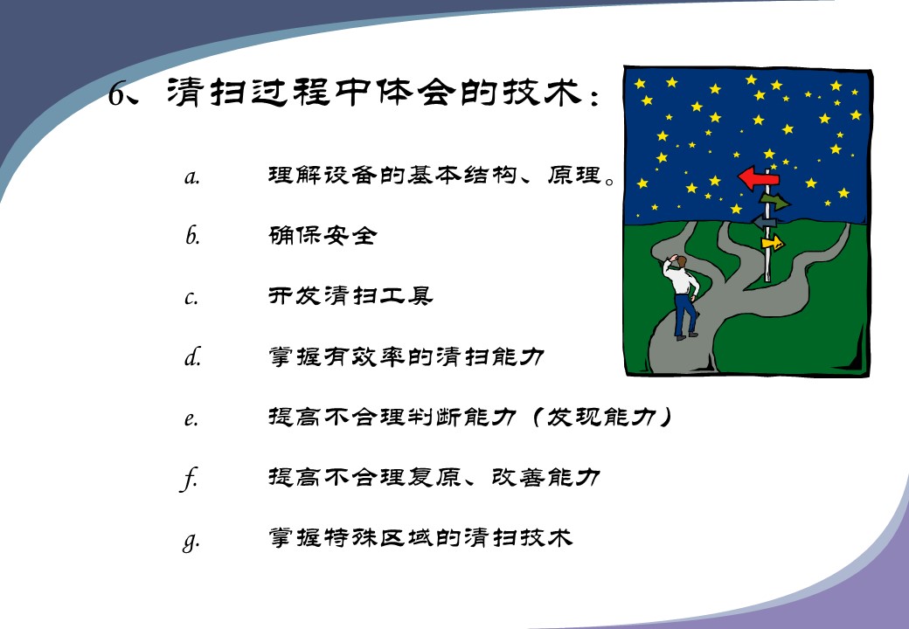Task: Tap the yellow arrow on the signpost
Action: coord(772,243)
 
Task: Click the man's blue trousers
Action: coord(684,314)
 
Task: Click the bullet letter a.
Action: coord(192,176)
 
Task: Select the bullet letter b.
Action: coord(192,235)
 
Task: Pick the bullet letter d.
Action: coord(192,356)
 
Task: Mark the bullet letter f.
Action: coord(189,479)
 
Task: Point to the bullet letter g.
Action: coord(191,543)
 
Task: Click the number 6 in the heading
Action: coord(117,93)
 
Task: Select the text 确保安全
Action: coord(323,235)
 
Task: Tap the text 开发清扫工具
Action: coord(350,296)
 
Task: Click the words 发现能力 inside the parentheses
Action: coord(601,417)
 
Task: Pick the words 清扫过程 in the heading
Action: coord(249,92)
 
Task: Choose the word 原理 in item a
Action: coord(573,175)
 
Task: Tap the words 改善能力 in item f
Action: coord(545,477)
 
